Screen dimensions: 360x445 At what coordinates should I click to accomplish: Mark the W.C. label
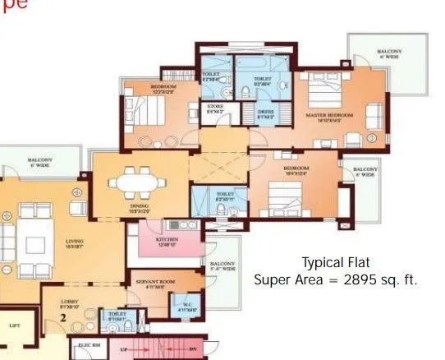(x=182, y=306)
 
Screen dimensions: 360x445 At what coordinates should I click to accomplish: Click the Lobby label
(x=69, y=300)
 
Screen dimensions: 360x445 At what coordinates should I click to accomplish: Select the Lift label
(x=13, y=326)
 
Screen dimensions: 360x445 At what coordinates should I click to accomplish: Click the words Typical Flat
(x=336, y=263)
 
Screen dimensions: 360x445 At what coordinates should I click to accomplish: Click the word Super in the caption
(x=272, y=280)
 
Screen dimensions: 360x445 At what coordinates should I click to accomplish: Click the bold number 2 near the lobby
(x=63, y=316)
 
